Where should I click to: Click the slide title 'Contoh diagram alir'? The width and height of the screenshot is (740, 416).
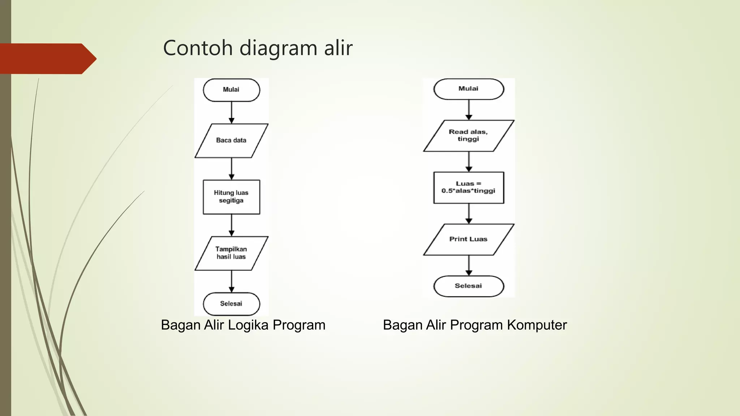(258, 48)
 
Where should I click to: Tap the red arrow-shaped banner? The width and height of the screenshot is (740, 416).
(47, 58)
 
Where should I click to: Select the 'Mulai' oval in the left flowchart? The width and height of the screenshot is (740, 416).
(231, 90)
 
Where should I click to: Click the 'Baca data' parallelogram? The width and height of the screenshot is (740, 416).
(231, 140)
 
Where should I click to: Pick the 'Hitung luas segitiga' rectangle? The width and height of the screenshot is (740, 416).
(231, 197)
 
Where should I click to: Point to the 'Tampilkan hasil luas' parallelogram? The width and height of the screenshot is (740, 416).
(231, 253)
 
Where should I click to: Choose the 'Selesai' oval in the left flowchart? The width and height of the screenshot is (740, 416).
(231, 304)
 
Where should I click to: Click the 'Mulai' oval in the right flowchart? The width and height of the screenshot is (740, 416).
(469, 89)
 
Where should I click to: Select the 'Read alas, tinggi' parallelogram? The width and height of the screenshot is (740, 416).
(469, 136)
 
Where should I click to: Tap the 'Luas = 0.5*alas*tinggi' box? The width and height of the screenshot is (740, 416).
(469, 187)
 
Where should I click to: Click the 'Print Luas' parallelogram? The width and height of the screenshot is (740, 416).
(469, 239)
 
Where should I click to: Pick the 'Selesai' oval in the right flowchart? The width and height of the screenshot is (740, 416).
(469, 286)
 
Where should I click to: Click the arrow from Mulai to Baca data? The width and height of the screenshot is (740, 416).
(232, 112)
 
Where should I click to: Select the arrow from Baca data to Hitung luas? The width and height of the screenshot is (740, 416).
(232, 169)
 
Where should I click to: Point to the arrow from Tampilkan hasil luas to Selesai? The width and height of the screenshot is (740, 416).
(232, 281)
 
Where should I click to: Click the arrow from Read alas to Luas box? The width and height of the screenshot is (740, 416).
(469, 161)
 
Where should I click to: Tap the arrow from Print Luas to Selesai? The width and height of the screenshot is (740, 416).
(469, 265)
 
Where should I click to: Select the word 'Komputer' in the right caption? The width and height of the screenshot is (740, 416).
(537, 325)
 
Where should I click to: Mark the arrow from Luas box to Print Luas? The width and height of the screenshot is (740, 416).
(469, 213)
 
